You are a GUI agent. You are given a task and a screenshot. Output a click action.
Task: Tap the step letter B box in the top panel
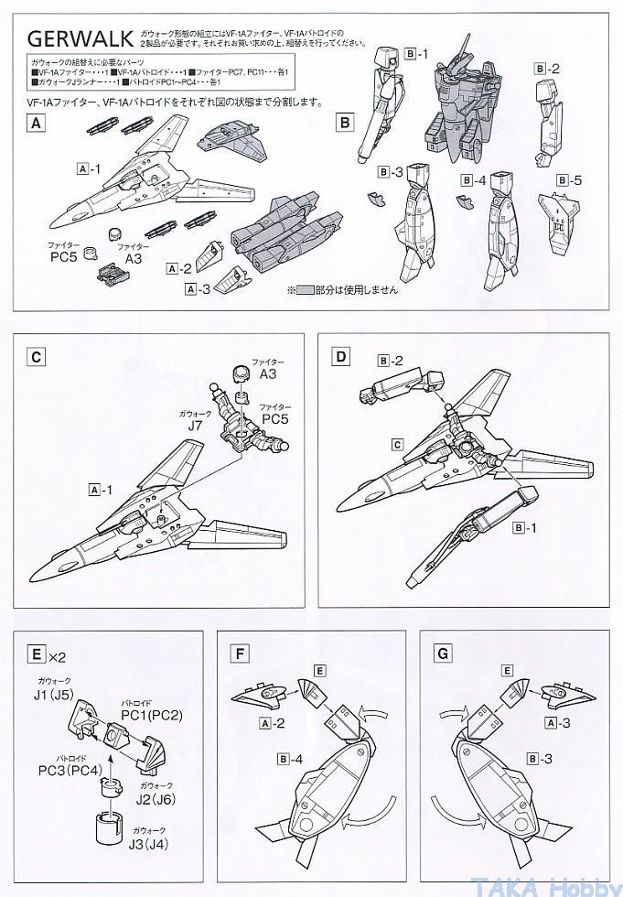345,122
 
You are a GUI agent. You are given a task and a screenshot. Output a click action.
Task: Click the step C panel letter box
36,357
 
